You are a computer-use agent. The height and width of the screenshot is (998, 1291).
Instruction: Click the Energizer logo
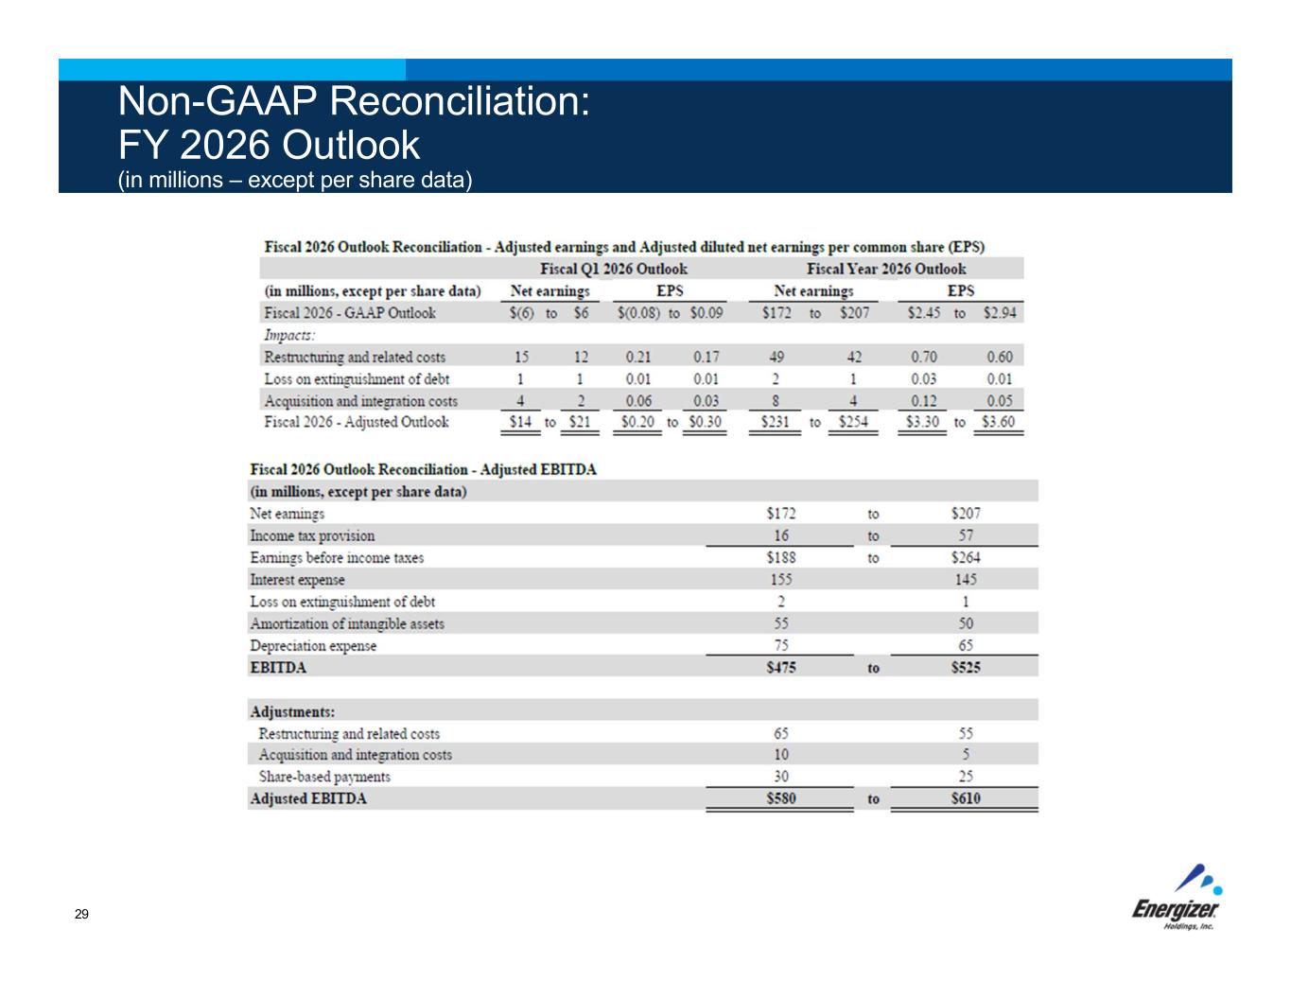click(x=1177, y=899)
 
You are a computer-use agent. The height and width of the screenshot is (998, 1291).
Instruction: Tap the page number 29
click(x=81, y=915)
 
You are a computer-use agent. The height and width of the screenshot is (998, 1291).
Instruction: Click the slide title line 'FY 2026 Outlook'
click(x=268, y=145)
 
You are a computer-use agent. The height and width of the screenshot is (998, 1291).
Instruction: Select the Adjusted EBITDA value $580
click(x=780, y=798)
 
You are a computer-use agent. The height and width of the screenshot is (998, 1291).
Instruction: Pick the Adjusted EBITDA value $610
click(x=965, y=798)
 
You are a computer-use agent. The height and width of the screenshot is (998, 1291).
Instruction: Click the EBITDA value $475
click(x=780, y=668)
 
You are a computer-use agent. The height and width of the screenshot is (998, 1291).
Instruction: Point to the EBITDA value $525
click(x=965, y=668)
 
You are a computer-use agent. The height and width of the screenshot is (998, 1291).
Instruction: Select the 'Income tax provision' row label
click(x=312, y=536)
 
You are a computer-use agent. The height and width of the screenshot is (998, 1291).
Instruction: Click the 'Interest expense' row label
click(x=297, y=580)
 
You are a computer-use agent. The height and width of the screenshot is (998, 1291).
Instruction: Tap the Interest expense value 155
click(x=780, y=580)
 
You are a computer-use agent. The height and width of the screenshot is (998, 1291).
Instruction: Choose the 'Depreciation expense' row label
click(x=313, y=646)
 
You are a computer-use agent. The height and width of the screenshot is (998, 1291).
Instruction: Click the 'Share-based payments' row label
click(x=324, y=777)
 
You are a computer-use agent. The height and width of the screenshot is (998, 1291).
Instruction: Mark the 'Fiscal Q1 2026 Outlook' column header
click(x=614, y=269)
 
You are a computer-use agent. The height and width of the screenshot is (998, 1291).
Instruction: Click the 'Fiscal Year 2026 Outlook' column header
click(x=886, y=269)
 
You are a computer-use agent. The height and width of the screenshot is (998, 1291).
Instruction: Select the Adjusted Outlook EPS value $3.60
click(x=998, y=422)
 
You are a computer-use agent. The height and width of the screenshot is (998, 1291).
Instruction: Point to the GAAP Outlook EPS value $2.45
click(x=923, y=313)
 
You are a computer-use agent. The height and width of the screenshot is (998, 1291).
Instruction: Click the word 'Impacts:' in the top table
click(x=289, y=335)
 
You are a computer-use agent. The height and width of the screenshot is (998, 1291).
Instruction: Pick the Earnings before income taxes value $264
click(x=965, y=558)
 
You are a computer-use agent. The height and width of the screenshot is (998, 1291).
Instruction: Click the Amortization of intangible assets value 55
click(x=780, y=624)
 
